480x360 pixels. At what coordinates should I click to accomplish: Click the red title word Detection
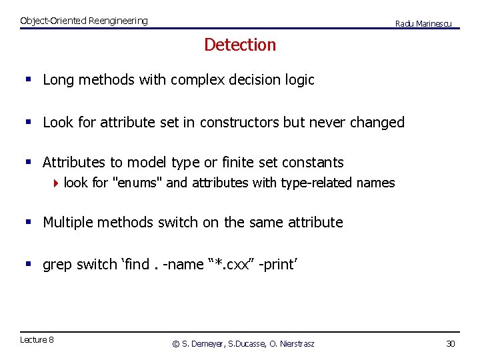(240, 45)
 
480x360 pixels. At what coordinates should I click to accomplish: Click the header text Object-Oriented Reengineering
(84, 21)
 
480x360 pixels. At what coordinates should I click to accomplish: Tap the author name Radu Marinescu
(423, 23)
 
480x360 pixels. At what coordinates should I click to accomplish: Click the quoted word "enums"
(139, 183)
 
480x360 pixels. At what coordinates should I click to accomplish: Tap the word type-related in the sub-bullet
(318, 183)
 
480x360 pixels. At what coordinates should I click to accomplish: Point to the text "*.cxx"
(229, 265)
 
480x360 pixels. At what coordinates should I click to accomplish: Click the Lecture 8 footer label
(37, 340)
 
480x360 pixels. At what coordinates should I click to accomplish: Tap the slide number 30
(450, 343)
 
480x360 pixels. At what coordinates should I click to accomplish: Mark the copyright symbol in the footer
(176, 344)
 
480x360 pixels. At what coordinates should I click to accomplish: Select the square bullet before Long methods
(28, 80)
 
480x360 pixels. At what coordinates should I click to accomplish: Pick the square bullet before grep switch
(28, 265)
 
